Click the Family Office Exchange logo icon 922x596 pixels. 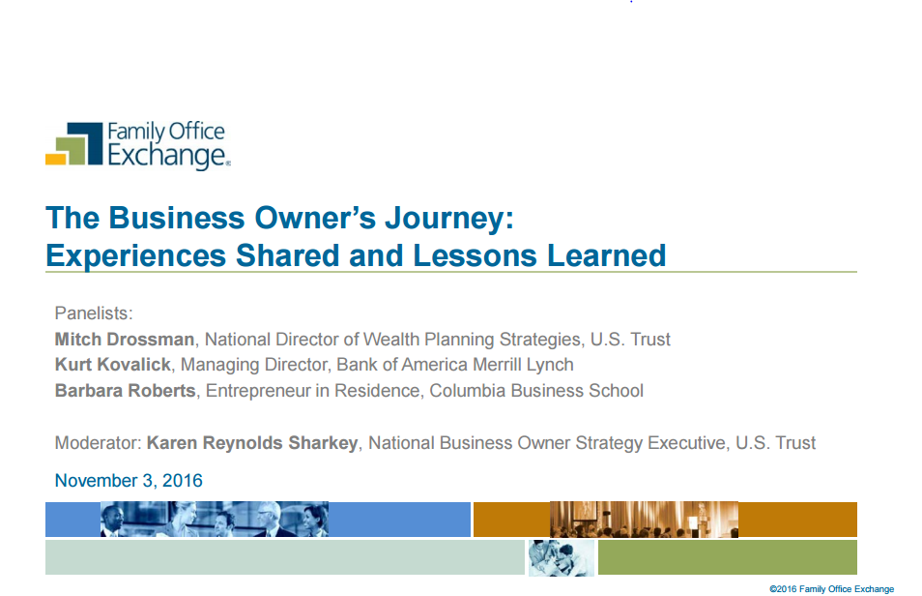pos(74,144)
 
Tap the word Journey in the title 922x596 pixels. pos(449,219)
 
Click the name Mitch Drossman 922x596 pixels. pos(125,340)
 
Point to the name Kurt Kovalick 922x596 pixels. pos(113,365)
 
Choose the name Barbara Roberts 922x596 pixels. pos(126,391)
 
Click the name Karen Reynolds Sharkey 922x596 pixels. pos(252,443)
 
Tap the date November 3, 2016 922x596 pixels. pos(129,481)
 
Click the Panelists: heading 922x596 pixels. pos(94,313)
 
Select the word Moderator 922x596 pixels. pos(97,443)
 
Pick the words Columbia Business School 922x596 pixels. pos(536,391)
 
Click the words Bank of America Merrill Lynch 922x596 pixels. pos(455,365)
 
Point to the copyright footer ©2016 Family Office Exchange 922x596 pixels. pos(831,589)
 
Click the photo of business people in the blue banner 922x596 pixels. pos(215,519)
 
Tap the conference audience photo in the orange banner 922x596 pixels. pos(644,520)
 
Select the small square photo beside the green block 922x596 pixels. pos(561,557)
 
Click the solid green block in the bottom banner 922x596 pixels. pos(728,557)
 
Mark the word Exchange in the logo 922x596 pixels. pos(166,156)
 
